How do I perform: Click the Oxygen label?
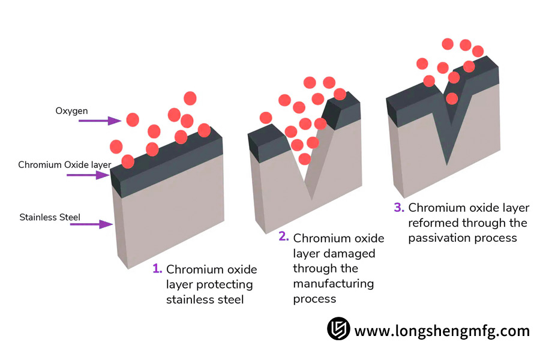click(71, 111)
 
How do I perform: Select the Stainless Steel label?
click(50, 217)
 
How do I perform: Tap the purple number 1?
click(157, 268)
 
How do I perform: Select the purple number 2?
click(284, 236)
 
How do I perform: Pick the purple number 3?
click(399, 208)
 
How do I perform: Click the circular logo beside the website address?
click(338, 329)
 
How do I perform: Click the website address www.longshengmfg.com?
click(442, 331)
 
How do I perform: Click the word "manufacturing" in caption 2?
click(333, 283)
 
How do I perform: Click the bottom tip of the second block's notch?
click(311, 199)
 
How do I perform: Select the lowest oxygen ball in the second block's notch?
click(305, 159)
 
